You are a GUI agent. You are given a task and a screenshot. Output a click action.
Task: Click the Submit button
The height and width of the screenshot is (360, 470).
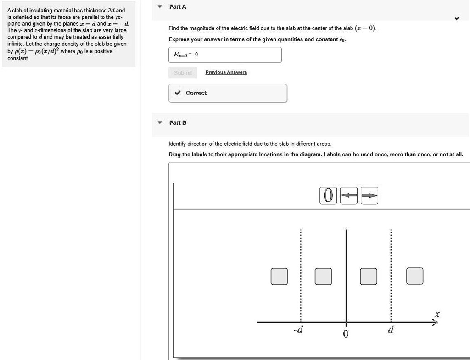pyautogui.click(x=183, y=73)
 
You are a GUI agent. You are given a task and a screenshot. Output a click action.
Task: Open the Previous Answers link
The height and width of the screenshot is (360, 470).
pyautogui.click(x=226, y=72)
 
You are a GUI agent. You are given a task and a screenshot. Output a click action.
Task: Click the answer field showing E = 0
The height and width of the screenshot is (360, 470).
pyautogui.click(x=224, y=55)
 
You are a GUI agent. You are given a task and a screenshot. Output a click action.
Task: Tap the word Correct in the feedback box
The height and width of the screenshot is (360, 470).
pyautogui.click(x=196, y=93)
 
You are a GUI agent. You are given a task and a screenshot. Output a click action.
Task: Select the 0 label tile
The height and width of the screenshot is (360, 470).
pyautogui.click(x=328, y=195)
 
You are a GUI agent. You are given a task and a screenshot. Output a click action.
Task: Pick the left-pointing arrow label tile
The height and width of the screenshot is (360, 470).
pyautogui.click(x=349, y=195)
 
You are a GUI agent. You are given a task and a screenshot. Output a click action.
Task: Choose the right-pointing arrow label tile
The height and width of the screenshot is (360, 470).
pyautogui.click(x=369, y=195)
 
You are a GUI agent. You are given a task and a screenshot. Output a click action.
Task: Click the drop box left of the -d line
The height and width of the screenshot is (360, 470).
pyautogui.click(x=279, y=276)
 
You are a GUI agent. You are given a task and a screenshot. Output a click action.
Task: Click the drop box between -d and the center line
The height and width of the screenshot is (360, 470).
pyautogui.click(x=323, y=276)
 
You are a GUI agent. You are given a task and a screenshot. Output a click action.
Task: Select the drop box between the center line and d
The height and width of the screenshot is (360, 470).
pyautogui.click(x=369, y=276)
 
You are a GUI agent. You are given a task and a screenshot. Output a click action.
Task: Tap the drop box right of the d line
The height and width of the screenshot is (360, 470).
pyautogui.click(x=415, y=276)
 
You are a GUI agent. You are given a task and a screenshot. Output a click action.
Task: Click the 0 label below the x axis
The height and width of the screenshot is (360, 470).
pyautogui.click(x=346, y=333)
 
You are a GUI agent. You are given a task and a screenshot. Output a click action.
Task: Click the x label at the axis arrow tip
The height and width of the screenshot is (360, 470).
pyautogui.click(x=437, y=315)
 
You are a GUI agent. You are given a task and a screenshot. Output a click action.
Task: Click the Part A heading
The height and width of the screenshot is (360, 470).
pyautogui.click(x=178, y=7)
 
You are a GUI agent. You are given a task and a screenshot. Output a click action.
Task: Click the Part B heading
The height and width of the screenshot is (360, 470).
pyautogui.click(x=178, y=123)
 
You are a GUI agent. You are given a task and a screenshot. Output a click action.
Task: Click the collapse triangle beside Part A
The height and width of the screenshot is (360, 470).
pyautogui.click(x=160, y=7)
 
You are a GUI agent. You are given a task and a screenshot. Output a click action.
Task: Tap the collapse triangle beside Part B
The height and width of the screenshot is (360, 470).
pyautogui.click(x=160, y=123)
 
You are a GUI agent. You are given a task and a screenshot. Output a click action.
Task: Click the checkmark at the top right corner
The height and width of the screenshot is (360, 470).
pyautogui.click(x=457, y=19)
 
